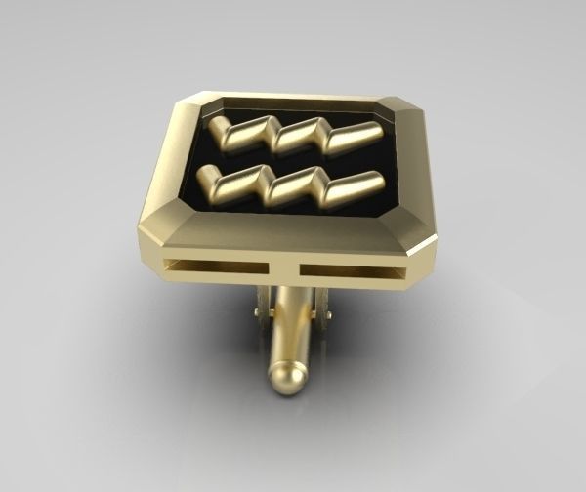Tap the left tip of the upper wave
(216, 125)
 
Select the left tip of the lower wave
(206, 176)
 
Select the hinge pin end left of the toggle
(258, 311)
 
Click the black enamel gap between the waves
(293, 161)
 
